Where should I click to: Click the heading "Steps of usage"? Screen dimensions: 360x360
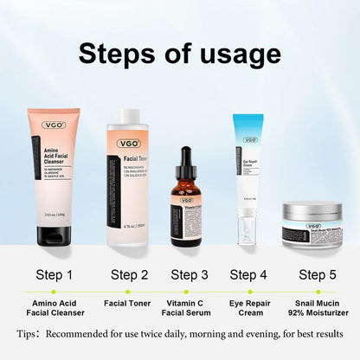[x=180, y=54]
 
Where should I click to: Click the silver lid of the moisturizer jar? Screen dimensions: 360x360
[x=312, y=212]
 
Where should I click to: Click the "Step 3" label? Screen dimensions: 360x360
[x=189, y=275]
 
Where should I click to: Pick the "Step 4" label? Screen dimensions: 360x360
[x=247, y=275]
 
